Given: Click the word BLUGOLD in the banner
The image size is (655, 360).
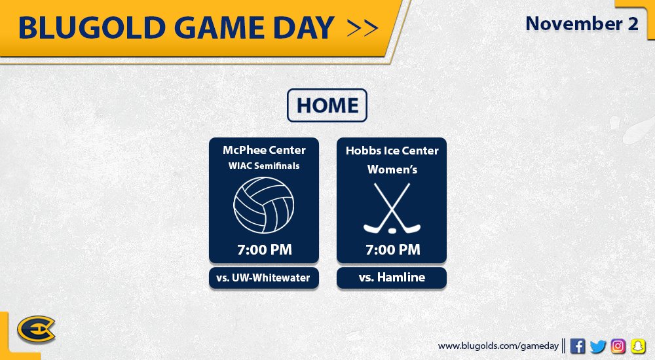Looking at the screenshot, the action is (x=92, y=28).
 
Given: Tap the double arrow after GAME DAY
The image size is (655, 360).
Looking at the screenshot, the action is (x=363, y=28).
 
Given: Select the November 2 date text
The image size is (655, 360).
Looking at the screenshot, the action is (x=582, y=24).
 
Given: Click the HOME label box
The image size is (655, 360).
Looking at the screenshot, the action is (x=327, y=105).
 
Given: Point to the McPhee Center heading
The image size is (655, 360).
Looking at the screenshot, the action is (x=264, y=150).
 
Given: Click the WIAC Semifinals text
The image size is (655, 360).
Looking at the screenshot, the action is (x=264, y=166).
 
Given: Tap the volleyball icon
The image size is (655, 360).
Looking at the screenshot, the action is (x=263, y=205).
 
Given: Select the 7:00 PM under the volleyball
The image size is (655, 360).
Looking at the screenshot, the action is (x=265, y=250).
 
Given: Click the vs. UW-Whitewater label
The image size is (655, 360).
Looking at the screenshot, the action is (x=263, y=278).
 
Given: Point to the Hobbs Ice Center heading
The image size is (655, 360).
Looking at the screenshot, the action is (x=392, y=151).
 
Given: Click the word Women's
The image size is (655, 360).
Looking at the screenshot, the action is (x=392, y=169).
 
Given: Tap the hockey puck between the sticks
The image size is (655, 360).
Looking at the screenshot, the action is (x=392, y=230).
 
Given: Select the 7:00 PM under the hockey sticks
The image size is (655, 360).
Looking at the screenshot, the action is (x=392, y=250).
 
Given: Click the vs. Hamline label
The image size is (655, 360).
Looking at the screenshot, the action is (x=392, y=278).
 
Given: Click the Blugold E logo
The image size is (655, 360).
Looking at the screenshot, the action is (x=36, y=329).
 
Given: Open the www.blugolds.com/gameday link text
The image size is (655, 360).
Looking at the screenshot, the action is (x=498, y=346).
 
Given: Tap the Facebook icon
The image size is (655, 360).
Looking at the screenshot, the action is (x=577, y=346).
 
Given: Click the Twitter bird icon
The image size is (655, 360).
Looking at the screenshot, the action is (x=598, y=346).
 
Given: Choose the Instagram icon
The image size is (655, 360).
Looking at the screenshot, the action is (x=618, y=346).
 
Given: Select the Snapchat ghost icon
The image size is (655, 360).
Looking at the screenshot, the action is (x=638, y=346).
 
